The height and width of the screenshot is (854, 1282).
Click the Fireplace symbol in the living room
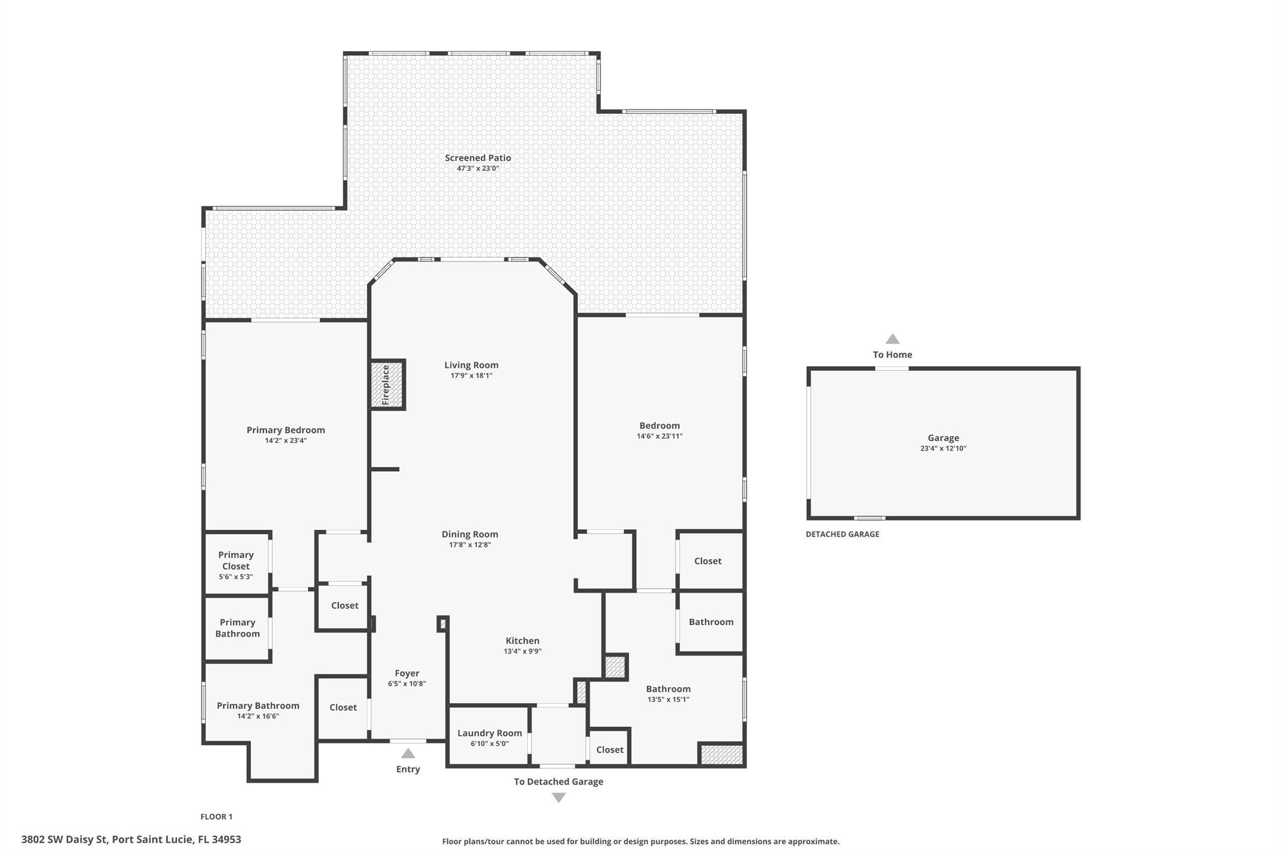tap(387, 384)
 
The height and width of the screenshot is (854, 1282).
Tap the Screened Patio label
tap(478, 158)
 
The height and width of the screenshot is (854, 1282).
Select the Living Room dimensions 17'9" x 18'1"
tap(471, 375)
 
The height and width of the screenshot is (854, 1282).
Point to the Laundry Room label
tap(490, 733)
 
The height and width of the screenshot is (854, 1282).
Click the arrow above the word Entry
tap(408, 753)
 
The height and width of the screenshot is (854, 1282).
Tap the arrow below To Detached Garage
tap(558, 798)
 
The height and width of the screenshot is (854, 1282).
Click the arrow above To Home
tap(892, 339)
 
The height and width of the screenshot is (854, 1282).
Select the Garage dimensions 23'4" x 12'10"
tap(943, 449)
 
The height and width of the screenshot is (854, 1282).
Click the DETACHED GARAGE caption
tap(842, 534)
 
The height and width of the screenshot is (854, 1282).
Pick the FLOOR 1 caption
tap(216, 816)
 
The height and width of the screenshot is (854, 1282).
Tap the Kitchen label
tap(522, 641)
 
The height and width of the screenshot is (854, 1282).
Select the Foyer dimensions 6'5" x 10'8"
tap(407, 684)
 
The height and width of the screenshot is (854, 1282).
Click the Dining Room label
tap(469, 534)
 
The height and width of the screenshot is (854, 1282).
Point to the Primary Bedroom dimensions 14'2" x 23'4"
tap(285, 440)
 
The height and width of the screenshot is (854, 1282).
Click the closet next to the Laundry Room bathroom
tap(609, 750)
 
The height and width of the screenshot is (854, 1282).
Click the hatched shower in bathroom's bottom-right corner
tap(721, 755)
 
